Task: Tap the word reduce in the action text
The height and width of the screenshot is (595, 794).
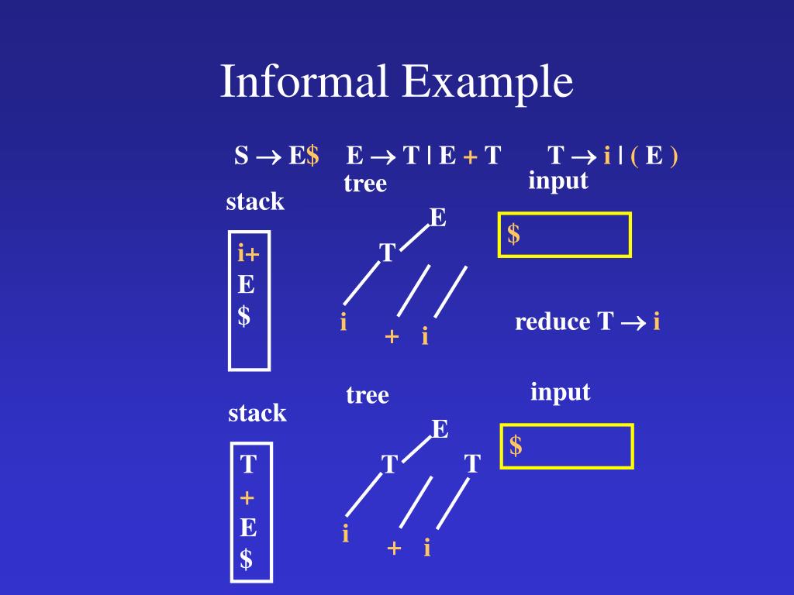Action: (552, 322)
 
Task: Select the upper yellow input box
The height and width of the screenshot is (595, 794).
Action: (564, 234)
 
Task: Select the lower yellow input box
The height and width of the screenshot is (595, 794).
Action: (567, 446)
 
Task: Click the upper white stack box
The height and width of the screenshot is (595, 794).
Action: (249, 300)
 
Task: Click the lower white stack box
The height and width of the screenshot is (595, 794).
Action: (251, 512)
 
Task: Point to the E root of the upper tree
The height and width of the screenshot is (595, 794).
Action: (438, 218)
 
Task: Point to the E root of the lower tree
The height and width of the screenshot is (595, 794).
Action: (440, 429)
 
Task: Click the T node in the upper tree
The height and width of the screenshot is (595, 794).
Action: (387, 253)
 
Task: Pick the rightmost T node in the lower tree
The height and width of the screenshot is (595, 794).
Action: (472, 465)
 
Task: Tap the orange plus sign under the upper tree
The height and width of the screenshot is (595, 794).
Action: (392, 337)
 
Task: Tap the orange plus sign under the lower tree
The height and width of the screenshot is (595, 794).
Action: (394, 549)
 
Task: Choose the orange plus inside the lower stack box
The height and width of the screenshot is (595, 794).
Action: (247, 497)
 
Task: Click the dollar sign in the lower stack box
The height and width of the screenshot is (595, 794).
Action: (246, 559)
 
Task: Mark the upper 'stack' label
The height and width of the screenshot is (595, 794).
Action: (255, 202)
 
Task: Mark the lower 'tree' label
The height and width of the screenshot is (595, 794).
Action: (368, 395)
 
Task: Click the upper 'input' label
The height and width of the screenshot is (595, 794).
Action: (558, 181)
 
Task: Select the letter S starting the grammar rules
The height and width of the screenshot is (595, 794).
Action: (241, 156)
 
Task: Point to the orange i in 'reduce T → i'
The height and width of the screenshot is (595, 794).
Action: (656, 322)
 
